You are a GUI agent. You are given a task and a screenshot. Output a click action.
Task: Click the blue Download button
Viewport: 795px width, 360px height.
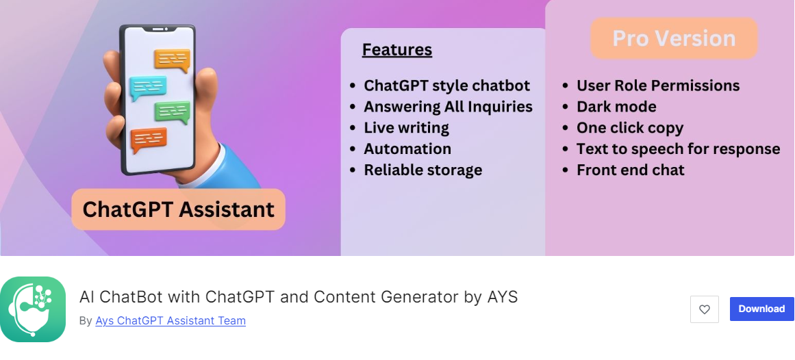pos(761,309)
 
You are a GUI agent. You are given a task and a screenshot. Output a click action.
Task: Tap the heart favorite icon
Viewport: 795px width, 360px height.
pos(704,309)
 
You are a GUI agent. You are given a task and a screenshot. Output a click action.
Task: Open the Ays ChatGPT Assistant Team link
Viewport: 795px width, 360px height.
pos(171,320)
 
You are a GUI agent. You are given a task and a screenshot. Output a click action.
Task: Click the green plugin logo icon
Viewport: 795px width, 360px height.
pos(33,309)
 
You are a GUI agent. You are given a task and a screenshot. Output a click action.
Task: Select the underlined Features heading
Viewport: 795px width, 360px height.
pos(397,50)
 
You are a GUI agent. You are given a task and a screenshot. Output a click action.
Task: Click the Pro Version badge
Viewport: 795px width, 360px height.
pos(674,38)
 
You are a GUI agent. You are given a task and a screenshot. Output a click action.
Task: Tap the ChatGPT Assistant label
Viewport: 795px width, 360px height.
pos(179,209)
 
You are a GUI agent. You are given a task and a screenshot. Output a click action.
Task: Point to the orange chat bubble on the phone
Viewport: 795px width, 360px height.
pos(173,60)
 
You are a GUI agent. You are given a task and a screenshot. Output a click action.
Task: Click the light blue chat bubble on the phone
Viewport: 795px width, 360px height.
pos(147,88)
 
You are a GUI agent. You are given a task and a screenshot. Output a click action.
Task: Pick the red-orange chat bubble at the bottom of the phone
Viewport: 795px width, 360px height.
pos(149,140)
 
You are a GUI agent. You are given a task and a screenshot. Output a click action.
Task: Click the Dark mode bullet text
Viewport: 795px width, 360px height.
pos(616,107)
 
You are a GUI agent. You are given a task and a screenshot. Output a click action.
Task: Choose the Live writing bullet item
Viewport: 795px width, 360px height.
pos(406,128)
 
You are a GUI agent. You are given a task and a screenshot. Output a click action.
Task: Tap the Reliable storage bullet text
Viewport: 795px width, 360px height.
pos(423,170)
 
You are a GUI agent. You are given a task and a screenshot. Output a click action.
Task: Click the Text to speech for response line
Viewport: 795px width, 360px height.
pos(678,149)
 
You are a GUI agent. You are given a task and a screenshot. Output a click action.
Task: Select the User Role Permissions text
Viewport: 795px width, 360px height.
pos(658,86)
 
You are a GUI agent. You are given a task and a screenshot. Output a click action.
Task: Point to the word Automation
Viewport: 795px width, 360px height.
pos(407,149)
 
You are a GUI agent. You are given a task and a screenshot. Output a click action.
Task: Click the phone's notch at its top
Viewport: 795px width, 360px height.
pos(157,29)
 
